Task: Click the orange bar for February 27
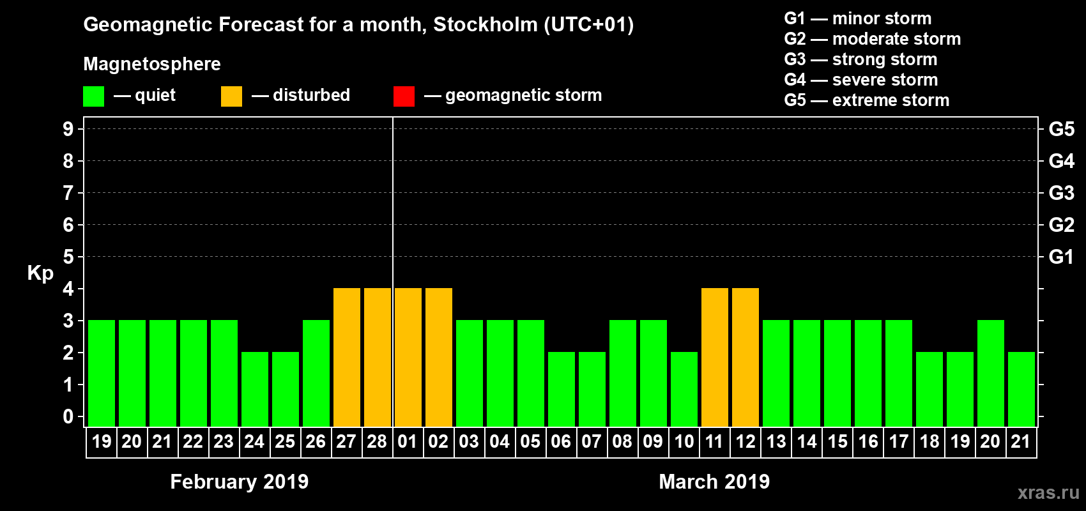(x=347, y=357)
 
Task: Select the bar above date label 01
(x=408, y=357)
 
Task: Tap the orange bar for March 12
(x=746, y=357)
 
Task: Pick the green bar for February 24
(x=255, y=389)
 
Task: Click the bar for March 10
(x=684, y=389)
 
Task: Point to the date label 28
(x=377, y=441)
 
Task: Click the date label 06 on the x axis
(x=561, y=441)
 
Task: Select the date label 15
(x=837, y=441)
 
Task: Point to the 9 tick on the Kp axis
(x=68, y=129)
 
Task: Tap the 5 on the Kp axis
(x=68, y=257)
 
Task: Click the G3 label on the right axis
(x=1061, y=193)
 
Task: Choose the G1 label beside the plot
(x=1061, y=257)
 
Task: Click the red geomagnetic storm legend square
(x=404, y=96)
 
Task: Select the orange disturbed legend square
(x=231, y=96)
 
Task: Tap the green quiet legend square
(x=93, y=96)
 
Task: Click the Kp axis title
(x=40, y=273)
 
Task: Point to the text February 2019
(x=240, y=482)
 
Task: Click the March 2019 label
(x=714, y=482)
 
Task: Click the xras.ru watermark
(x=1048, y=492)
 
